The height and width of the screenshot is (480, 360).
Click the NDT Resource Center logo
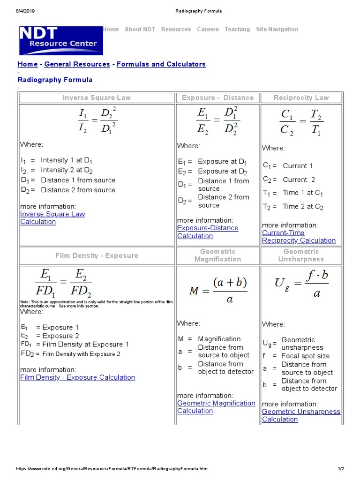tap(60, 40)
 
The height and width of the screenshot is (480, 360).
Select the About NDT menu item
tap(140, 29)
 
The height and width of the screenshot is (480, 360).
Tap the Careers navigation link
tap(208, 29)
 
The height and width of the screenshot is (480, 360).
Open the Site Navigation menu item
tap(277, 29)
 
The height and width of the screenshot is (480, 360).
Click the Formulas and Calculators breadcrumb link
tap(161, 64)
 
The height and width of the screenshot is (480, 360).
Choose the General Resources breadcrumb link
tap(77, 64)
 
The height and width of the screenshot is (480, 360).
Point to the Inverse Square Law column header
tap(97, 97)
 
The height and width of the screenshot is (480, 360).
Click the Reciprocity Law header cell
tap(301, 97)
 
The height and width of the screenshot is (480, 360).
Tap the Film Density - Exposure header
tap(97, 255)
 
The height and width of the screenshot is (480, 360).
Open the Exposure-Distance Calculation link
tap(208, 232)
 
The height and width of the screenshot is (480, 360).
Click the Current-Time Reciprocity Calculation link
tap(299, 237)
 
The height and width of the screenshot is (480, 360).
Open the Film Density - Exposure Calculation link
tap(77, 377)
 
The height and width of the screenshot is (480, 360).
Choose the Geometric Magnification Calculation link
tap(216, 407)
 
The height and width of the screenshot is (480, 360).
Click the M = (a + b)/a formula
tap(218, 290)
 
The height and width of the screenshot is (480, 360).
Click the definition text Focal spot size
tap(305, 356)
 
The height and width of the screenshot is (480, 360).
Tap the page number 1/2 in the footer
tap(341, 468)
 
